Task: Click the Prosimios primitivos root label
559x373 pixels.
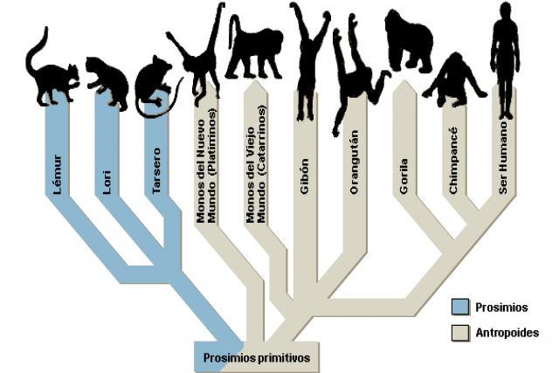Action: click(257, 357)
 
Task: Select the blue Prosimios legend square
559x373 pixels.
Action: click(460, 307)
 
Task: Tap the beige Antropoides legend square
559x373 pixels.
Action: click(460, 332)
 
